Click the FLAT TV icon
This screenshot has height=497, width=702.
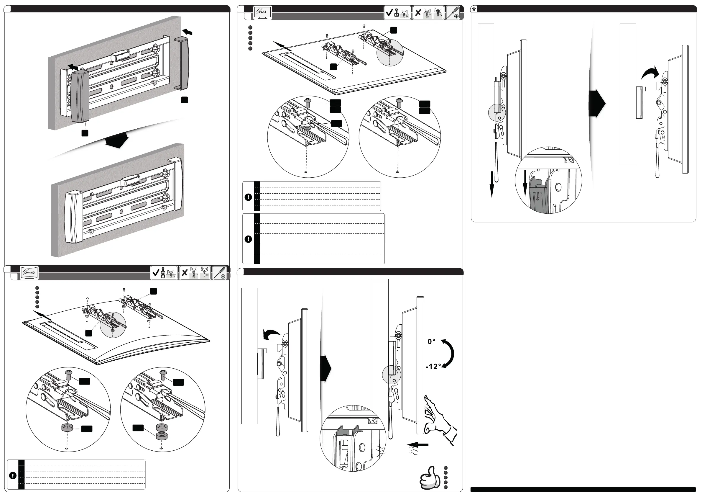point(262,13)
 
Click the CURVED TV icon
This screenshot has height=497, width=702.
point(29,272)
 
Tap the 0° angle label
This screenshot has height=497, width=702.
point(431,341)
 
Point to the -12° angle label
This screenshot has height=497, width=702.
point(433,366)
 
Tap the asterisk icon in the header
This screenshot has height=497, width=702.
point(474,9)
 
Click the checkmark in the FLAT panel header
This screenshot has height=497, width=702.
point(389,13)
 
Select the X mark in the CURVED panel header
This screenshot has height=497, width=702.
point(184,273)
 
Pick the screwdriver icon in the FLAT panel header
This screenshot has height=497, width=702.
point(453,13)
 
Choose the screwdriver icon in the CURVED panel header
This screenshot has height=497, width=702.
point(220,273)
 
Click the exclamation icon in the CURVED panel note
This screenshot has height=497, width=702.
point(13,475)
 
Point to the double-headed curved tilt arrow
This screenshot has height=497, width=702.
point(448,354)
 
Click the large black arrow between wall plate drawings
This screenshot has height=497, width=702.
point(117,140)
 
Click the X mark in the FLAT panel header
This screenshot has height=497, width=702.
point(418,13)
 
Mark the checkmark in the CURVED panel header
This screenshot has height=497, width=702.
point(156,272)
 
